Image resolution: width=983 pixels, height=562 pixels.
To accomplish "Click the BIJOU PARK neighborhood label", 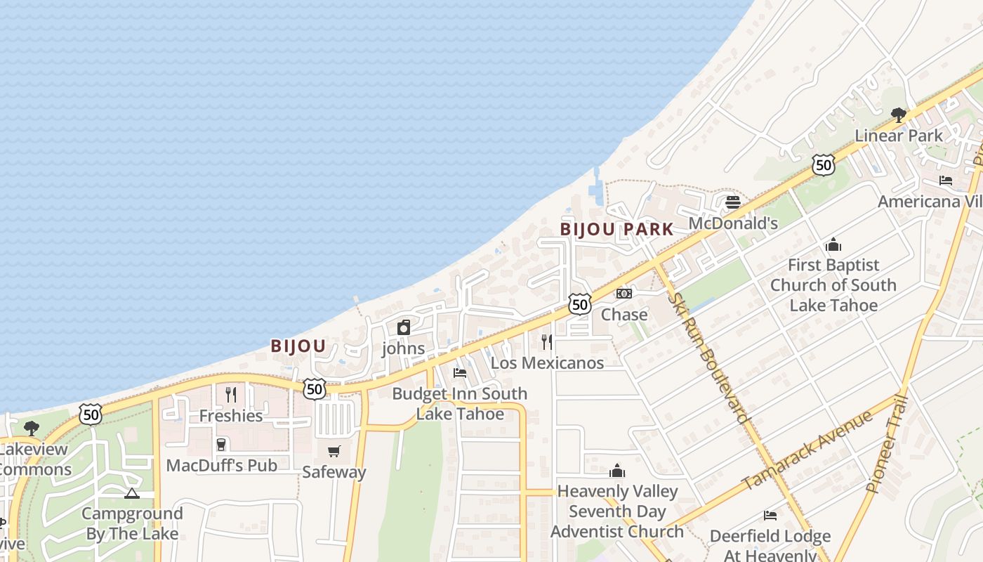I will tap(616, 229).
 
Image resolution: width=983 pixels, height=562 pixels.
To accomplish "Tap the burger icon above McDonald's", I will tap(733, 203).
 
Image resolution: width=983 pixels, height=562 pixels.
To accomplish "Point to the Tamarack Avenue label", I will tap(807, 450).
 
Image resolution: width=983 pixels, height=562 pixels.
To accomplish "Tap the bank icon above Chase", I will tap(624, 294).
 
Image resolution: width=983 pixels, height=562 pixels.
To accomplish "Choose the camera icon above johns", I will tap(404, 327).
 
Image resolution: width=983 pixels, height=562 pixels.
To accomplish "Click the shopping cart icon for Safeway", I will tap(334, 451).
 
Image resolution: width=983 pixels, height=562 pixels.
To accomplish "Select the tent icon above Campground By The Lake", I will tap(132, 493).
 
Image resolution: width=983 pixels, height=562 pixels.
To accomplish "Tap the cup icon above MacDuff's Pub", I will tap(221, 444).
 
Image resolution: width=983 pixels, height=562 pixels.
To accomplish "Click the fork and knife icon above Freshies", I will tap(230, 394).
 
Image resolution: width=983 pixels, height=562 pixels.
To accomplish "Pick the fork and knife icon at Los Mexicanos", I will tap(547, 342).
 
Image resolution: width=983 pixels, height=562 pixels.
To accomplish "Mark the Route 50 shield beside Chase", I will tap(579, 304).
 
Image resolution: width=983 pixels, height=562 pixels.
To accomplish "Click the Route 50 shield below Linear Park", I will tap(823, 164).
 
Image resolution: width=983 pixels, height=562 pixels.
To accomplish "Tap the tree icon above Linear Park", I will tap(898, 115).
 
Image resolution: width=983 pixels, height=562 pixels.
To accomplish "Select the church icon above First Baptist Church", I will tap(833, 244).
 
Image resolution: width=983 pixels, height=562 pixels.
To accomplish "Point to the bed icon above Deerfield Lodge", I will tap(770, 516).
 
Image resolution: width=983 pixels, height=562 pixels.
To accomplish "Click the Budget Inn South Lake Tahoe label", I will tap(460, 403).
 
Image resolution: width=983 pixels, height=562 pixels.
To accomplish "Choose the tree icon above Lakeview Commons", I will tap(32, 428).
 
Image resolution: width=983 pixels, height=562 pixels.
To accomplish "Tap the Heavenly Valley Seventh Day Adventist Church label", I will tap(617, 511).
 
